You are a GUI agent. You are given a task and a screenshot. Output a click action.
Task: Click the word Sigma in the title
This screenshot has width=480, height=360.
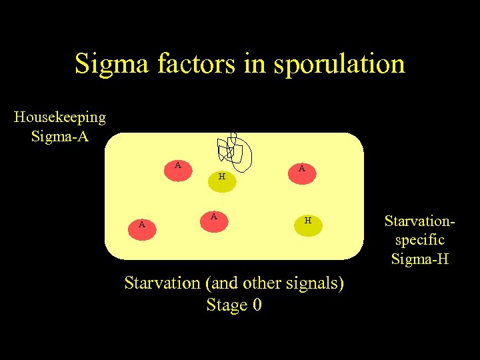pyautogui.click(x=111, y=65)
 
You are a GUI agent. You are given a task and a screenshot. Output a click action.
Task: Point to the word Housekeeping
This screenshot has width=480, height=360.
pyautogui.click(x=60, y=117)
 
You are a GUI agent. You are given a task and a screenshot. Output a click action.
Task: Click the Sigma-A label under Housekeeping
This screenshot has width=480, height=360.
pyautogui.click(x=60, y=137)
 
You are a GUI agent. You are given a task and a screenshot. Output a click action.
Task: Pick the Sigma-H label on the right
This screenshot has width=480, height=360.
pyautogui.click(x=419, y=259)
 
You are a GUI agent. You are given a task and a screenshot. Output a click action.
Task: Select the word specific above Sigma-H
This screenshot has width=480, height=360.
pyautogui.click(x=419, y=239)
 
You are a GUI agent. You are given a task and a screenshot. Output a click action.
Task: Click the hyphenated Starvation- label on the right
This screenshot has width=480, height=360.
pyautogui.click(x=419, y=219)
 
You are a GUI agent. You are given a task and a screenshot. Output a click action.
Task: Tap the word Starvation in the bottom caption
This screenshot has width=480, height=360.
pyautogui.click(x=162, y=283)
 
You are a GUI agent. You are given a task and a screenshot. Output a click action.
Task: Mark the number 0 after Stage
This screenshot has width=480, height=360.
pyautogui.click(x=257, y=305)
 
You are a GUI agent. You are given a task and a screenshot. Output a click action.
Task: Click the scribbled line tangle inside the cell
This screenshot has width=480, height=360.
pyautogui.click(x=235, y=150)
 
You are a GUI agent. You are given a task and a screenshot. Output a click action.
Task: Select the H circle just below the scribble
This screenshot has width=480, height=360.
pyautogui.click(x=222, y=179)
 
